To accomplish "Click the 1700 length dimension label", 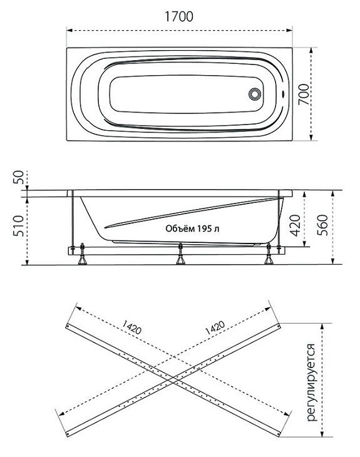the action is [178, 16].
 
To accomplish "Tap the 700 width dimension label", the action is [304, 94].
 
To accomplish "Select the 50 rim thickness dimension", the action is [18, 177].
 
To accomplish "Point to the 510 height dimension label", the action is [18, 226].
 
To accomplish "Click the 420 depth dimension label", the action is [296, 225].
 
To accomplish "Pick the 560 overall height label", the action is [322, 225].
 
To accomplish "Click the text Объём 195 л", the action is [192, 228].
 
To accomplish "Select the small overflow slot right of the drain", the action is [282, 94].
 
